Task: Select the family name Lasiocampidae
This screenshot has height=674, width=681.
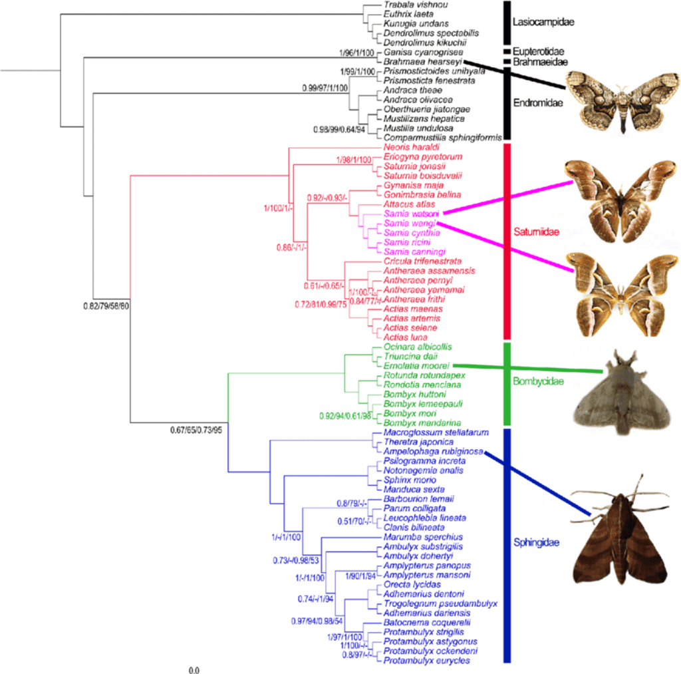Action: [x=543, y=23]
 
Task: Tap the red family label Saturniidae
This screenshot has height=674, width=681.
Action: [x=535, y=232]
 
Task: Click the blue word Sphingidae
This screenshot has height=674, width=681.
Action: [x=536, y=543]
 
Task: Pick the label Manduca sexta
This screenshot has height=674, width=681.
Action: [x=408, y=489]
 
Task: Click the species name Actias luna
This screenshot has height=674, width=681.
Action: [x=404, y=337]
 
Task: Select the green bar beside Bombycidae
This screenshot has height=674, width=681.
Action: [x=507, y=383]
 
